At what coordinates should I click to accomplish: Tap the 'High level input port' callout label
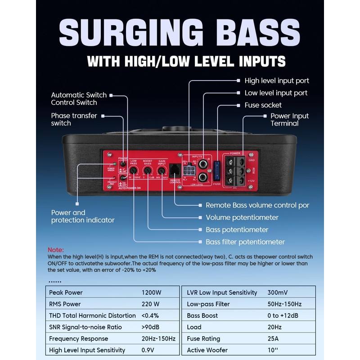coord(277,81)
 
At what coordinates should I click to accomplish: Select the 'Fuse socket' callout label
coord(263,105)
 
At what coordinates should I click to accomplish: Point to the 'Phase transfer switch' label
coord(74,119)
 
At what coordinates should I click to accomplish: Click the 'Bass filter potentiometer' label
coord(245,242)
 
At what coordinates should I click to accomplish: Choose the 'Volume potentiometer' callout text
coord(242,217)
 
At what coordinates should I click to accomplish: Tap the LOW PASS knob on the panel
coord(134,171)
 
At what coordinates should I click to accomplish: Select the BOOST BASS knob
coord(147,171)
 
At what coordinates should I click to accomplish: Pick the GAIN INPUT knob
coord(162,171)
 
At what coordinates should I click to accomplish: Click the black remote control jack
coord(175,170)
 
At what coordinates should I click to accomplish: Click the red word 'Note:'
coord(56,250)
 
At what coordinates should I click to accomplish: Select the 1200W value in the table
coord(152,292)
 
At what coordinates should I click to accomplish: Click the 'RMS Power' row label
coord(65,304)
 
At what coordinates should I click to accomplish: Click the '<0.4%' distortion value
coord(150,315)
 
